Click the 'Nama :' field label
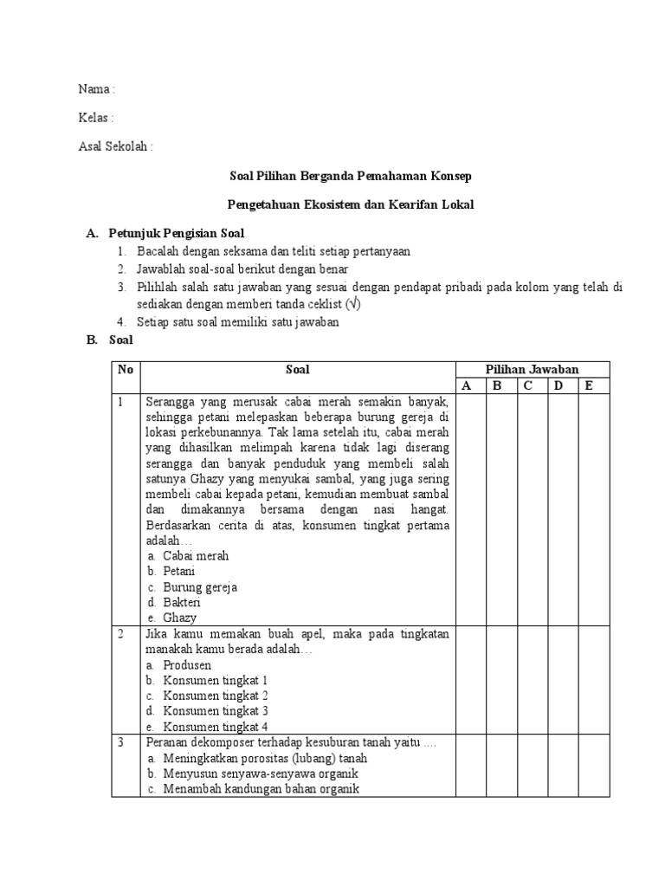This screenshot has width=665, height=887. (x=96, y=89)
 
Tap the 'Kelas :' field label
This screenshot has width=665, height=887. (x=96, y=118)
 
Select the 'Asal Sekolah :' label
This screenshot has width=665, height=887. (x=115, y=146)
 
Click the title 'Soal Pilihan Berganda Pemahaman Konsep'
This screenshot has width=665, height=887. (x=351, y=176)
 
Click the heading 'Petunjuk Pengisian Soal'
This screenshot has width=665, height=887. (x=177, y=233)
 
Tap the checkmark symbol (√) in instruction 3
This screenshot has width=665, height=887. (x=352, y=305)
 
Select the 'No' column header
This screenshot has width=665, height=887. (x=126, y=370)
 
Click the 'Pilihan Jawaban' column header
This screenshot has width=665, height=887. (x=533, y=370)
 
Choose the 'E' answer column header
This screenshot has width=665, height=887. (x=590, y=386)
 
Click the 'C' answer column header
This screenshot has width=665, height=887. (x=526, y=386)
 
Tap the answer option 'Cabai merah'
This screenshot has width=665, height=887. (x=196, y=556)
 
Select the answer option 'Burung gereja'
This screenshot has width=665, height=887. (x=200, y=587)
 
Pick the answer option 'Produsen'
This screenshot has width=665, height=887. (x=187, y=665)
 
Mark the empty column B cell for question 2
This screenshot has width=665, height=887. (x=498, y=681)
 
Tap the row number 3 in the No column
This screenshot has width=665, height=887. (x=122, y=743)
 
